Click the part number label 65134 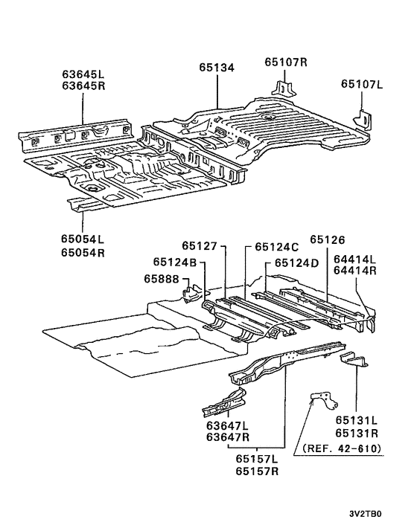tap(217, 68)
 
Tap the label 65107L tap(361, 84)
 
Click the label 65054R tap(83, 252)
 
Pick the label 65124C tap(276, 246)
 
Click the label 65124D tap(296, 262)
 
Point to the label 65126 tap(328, 239)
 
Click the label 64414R tap(355, 271)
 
